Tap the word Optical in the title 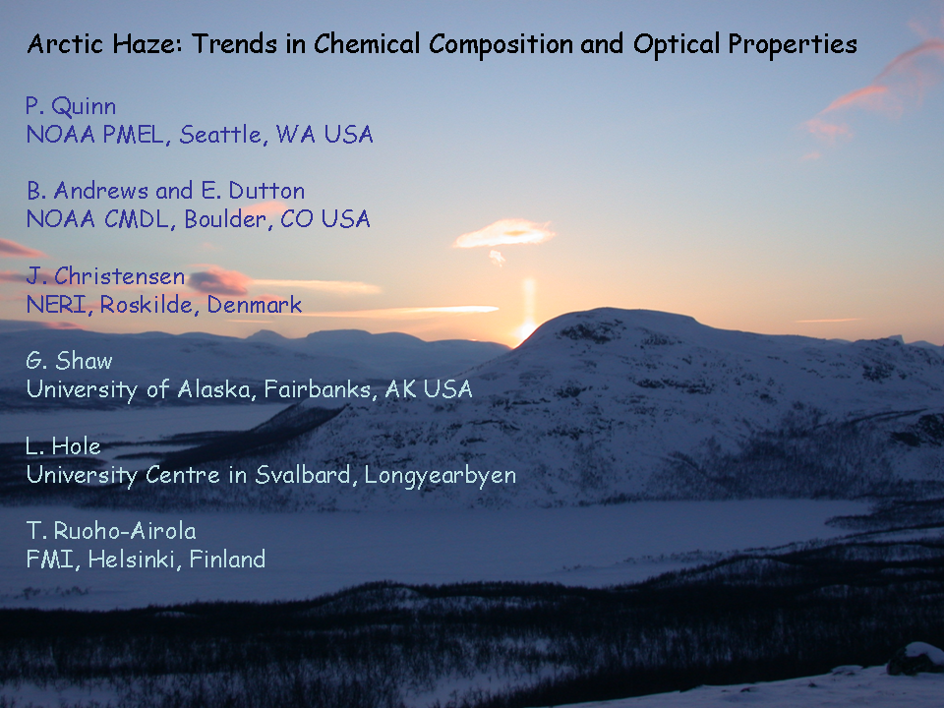[x=677, y=45]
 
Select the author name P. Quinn [x=71, y=106]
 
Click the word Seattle [x=221, y=135]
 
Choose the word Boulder [x=226, y=219]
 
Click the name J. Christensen [x=105, y=276]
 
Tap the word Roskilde [x=146, y=305]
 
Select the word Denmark [x=254, y=305]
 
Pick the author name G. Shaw [x=69, y=361]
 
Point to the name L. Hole [x=63, y=446]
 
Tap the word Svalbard [x=304, y=475]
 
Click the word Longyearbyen [x=441, y=476]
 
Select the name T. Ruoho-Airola [x=111, y=531]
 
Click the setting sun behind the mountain [x=525, y=330]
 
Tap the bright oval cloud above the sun [x=503, y=234]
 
